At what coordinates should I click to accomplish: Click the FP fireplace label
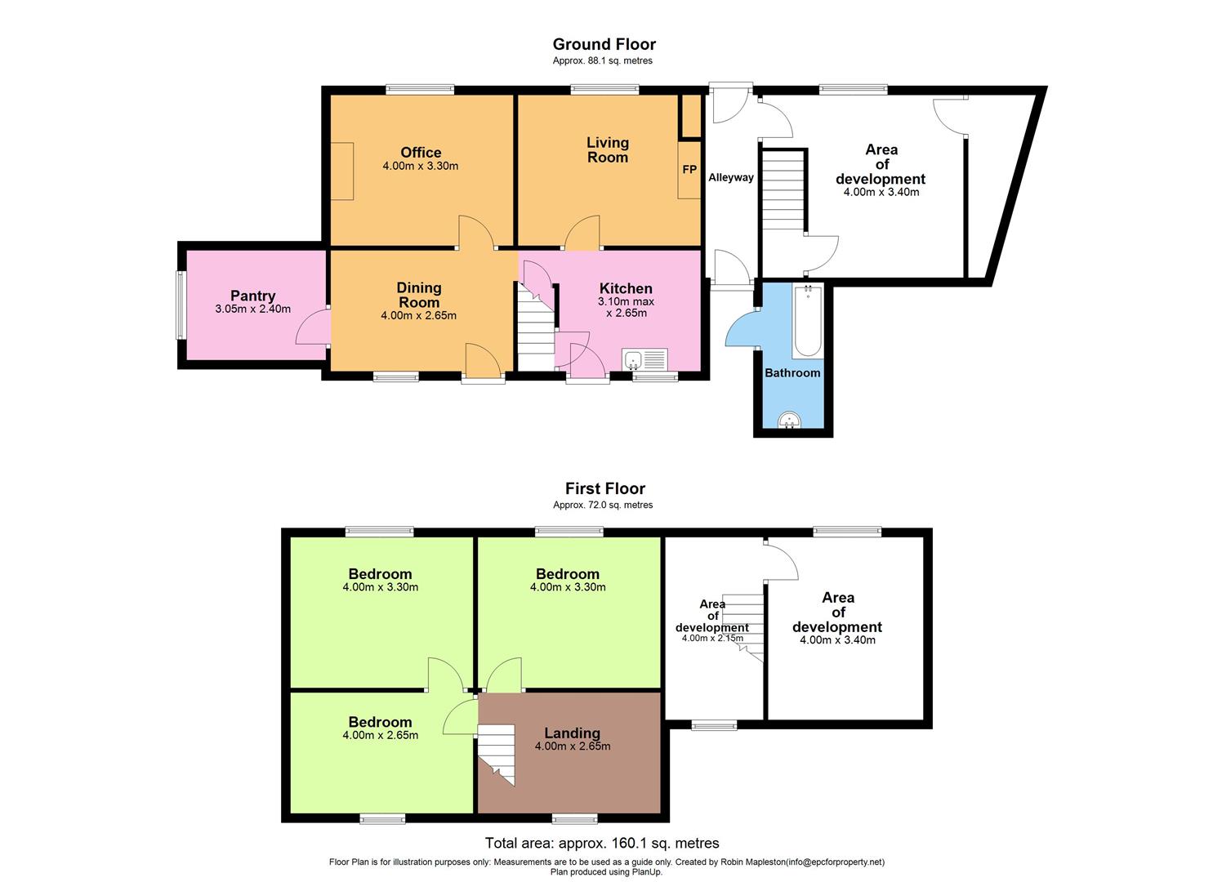(689, 170)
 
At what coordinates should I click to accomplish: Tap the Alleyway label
(730, 177)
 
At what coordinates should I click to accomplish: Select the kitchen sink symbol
(644, 359)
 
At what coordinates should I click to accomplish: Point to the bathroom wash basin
(789, 421)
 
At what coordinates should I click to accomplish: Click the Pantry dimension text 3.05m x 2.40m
(252, 310)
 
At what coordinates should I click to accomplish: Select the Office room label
(421, 152)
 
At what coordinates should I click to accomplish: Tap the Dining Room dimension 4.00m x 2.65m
(418, 315)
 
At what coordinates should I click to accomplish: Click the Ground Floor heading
(604, 44)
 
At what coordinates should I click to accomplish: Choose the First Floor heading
(604, 488)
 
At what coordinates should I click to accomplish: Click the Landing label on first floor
(572, 733)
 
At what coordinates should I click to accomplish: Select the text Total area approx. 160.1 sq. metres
(602, 843)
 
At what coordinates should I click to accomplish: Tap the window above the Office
(420, 90)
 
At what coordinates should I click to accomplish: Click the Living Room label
(607, 150)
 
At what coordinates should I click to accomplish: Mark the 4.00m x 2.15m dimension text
(712, 639)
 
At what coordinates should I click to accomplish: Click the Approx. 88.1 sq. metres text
(602, 60)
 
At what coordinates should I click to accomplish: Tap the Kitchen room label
(626, 288)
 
